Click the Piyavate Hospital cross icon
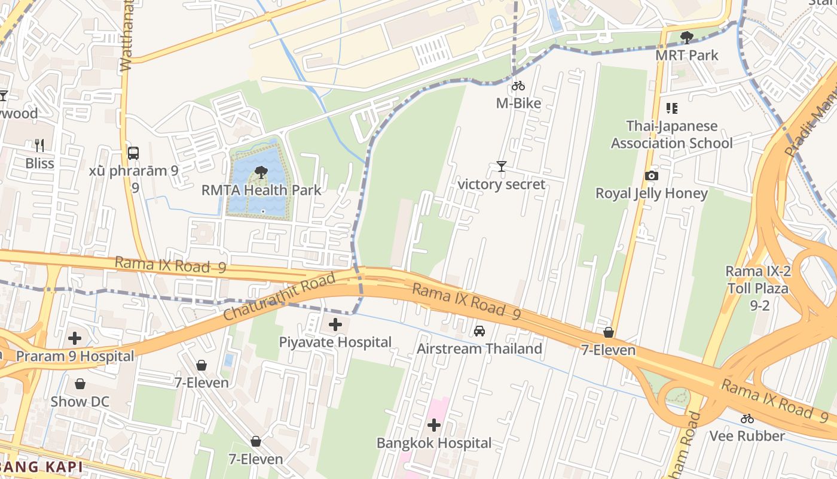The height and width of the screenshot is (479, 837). coord(335,325)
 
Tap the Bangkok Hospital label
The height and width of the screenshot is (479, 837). coord(434,443)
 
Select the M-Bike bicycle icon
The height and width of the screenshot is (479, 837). coord(518,86)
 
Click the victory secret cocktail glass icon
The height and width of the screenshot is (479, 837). coord(501,166)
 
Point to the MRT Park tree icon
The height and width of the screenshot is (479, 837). coord(687,38)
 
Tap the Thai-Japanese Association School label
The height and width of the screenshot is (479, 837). coord(671,135)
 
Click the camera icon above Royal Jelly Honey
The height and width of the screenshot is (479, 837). coord(652,175)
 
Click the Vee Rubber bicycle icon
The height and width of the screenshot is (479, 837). coord(747,419)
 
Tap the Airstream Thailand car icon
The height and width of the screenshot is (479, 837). coord(479,331)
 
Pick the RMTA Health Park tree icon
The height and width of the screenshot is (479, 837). coord(261,173)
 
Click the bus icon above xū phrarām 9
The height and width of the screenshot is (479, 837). coord(133,153)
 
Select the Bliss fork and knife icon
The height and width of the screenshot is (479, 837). coord(39,145)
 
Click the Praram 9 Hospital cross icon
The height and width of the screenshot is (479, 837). coord(75,338)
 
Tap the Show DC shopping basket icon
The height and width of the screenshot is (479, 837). coord(80,384)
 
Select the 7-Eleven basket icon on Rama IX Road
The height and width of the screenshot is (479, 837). coord(609,332)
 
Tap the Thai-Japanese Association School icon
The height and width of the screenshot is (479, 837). coord(672,108)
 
